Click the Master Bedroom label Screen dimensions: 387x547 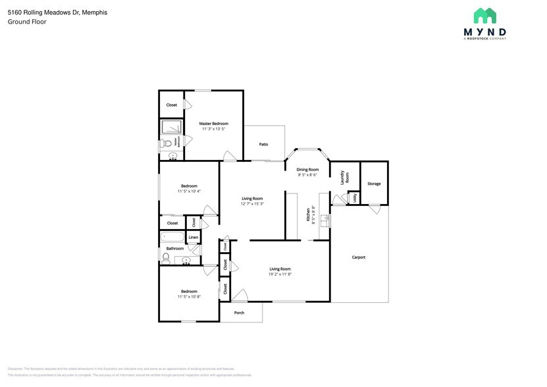click(x=214, y=124)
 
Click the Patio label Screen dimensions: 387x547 click(x=263, y=144)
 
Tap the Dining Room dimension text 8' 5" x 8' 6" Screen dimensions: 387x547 click(x=307, y=175)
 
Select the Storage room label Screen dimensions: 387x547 click(x=374, y=184)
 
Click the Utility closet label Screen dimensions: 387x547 click(x=355, y=197)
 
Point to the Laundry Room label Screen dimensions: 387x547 click(x=343, y=178)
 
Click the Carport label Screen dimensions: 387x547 click(x=359, y=257)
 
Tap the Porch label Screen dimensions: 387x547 click(x=240, y=313)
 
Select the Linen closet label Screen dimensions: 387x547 click(x=194, y=237)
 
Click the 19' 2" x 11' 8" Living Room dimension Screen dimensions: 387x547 click(x=280, y=274)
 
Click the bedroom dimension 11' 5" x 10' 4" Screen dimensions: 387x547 click(x=189, y=192)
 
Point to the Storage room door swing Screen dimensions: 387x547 click(x=375, y=209)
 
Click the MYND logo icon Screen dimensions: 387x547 click(x=485, y=16)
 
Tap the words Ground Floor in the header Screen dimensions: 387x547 click(x=23, y=22)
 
